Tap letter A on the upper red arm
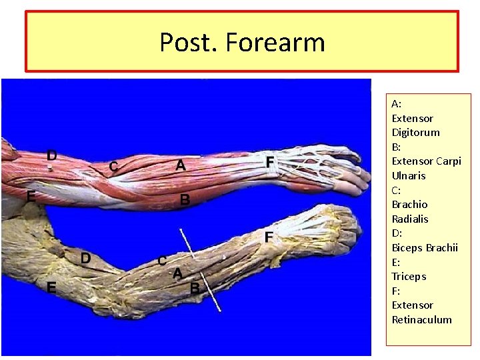point(180,166)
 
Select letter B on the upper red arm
point(185,199)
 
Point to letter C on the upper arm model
point(114,165)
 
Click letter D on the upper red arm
point(51,155)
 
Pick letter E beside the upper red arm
point(31,197)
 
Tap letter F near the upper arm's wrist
point(269,162)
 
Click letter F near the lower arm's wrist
point(268,237)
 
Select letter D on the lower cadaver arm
point(86,258)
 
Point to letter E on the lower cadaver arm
point(51,287)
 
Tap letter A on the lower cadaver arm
point(177,273)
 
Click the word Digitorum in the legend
point(415,133)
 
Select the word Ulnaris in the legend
point(408,176)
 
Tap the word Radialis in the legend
point(410,219)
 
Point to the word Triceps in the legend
point(409,277)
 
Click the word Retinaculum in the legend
point(421,320)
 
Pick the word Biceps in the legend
point(407,248)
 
